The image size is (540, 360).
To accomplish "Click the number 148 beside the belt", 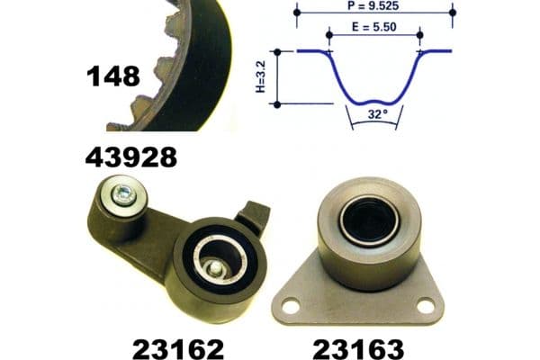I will click(113, 76).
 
